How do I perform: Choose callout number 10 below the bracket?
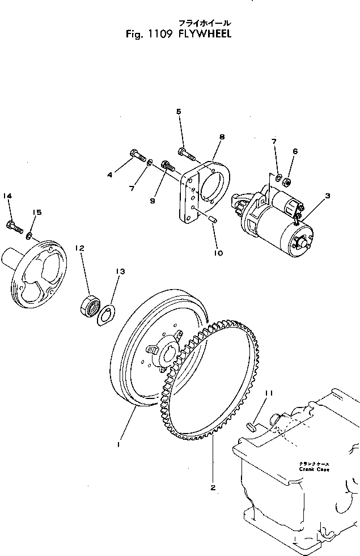218,253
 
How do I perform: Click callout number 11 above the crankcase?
270,392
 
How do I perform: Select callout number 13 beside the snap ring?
120,271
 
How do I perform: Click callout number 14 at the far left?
7,196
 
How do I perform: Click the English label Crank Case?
315,469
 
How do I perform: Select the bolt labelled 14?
15,227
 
